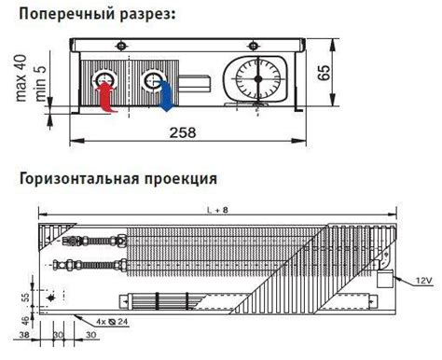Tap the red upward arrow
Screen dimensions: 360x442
pyautogui.click(x=104, y=96)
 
